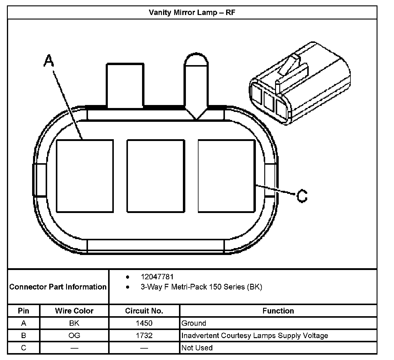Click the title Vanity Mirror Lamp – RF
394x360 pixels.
(192, 13)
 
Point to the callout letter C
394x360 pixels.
(302, 196)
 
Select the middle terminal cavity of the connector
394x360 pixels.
(156, 176)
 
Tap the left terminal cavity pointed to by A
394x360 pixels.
(85, 176)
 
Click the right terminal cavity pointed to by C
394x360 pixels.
(226, 176)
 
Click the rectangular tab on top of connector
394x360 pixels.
(125, 85)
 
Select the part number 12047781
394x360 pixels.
(157, 277)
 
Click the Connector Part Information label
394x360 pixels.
(58, 287)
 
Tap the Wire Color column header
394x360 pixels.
(74, 311)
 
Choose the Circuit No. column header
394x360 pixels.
(144, 311)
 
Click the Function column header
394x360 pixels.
(278, 311)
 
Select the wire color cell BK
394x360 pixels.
(74, 323)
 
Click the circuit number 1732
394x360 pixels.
(144, 335)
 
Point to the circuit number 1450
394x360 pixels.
(144, 323)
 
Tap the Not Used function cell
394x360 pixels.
(197, 348)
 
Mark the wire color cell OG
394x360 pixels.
(74, 335)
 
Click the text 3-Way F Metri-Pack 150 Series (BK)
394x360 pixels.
(201, 287)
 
